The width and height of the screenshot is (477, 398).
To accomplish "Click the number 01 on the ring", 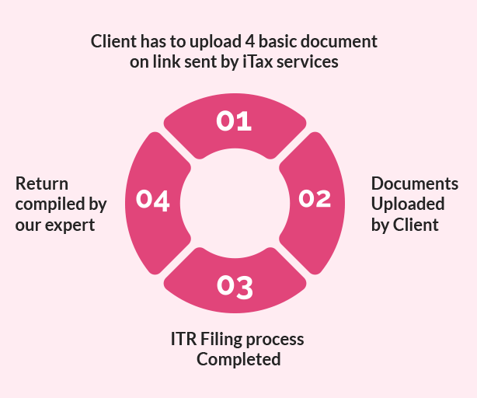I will [234, 121].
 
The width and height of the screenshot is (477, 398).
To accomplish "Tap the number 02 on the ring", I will [315, 199].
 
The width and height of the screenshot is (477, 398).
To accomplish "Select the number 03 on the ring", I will [235, 287].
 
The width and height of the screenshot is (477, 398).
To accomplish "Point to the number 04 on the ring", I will [153, 200].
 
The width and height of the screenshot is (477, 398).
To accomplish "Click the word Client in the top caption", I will [113, 40].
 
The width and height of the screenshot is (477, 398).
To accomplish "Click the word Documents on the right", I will [414, 184].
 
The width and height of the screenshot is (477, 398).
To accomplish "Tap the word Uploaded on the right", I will [407, 204].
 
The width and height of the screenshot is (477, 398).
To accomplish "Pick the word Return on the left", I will [42, 184].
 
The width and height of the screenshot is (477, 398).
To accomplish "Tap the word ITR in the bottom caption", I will [183, 340].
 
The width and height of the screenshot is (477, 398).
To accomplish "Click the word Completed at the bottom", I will [238, 360].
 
